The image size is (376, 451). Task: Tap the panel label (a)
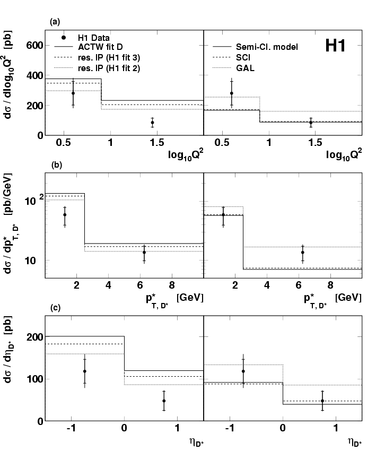click(54, 22)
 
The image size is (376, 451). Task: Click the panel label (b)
click(56, 164)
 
